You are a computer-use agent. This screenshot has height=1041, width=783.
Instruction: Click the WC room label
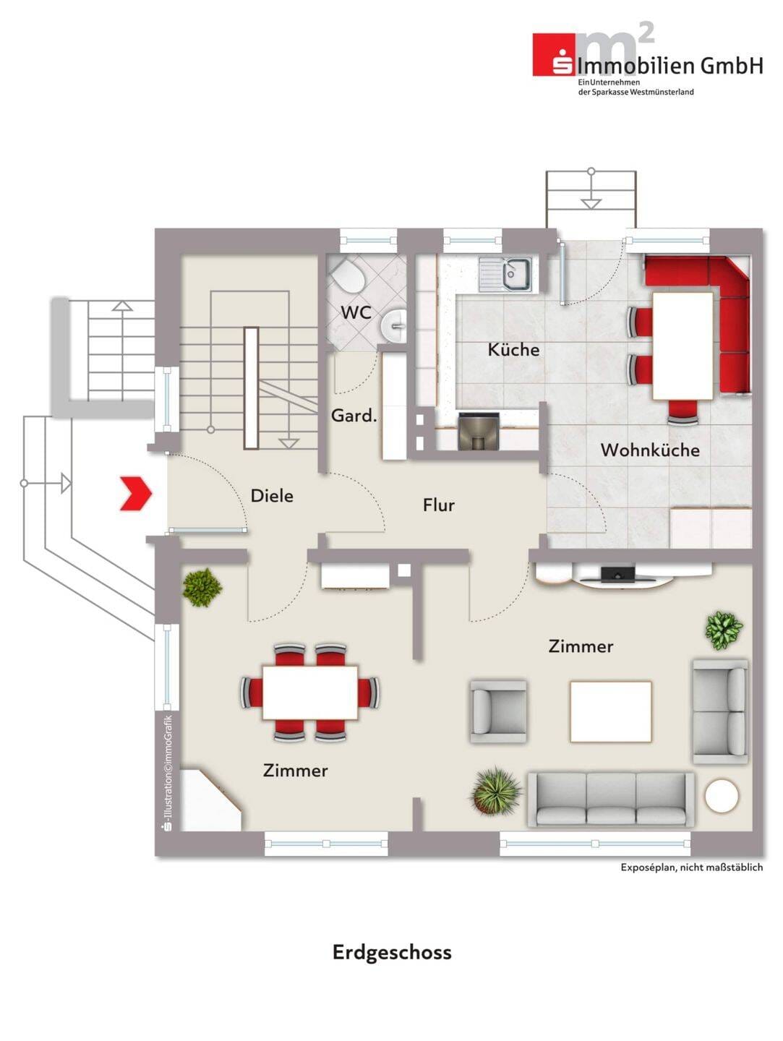pos(356,312)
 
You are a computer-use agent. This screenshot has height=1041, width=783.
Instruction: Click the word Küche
pos(513,350)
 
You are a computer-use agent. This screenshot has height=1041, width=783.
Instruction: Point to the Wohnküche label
pos(650,450)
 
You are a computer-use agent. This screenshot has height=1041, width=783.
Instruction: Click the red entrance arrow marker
pos(136,494)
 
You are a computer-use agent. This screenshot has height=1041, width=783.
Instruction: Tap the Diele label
pos(272,496)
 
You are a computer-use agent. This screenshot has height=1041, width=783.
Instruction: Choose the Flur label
pos(439,505)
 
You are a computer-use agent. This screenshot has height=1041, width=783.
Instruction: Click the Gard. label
pos(354,416)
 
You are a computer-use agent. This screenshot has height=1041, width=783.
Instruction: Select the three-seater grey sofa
pos(611,799)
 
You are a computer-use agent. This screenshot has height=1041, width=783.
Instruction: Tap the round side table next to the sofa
pos(722,796)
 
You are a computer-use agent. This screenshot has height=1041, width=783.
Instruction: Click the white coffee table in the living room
pos(611,711)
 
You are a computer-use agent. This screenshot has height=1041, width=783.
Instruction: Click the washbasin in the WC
pos(393,325)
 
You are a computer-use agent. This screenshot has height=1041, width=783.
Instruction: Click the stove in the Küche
pos(479,431)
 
